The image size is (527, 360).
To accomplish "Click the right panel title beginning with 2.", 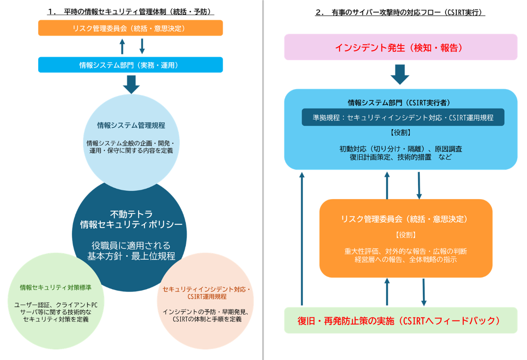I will pos(400,12).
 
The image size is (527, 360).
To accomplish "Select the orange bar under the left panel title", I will pos(130,28).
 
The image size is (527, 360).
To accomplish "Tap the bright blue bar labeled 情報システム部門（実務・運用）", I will pos(130,65).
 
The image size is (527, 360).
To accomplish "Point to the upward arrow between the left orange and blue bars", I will pos(122,46).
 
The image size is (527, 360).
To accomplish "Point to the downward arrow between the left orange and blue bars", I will pos(142,46).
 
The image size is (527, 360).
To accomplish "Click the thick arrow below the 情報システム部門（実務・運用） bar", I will pos(131,84).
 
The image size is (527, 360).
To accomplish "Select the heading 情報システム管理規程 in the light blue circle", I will pos(131,125).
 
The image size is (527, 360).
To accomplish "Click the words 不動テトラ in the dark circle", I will pos(131,214).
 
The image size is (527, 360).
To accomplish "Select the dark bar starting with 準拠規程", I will pos(403,117).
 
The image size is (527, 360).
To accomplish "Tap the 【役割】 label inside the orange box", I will pos(405,235).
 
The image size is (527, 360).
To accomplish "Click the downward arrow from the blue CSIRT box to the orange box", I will pos(419,185).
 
